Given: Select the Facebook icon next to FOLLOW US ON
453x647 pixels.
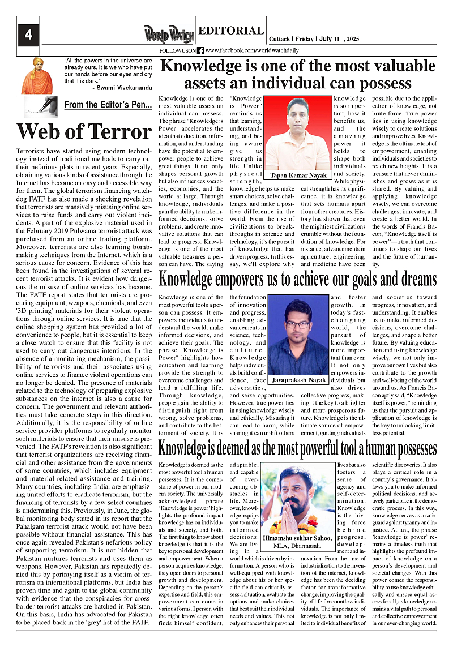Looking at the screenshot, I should click(x=200, y=50).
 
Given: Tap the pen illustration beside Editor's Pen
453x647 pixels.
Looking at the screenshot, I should click(x=41, y=106).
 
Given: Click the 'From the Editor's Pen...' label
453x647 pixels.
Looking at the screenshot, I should click(x=108, y=105).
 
